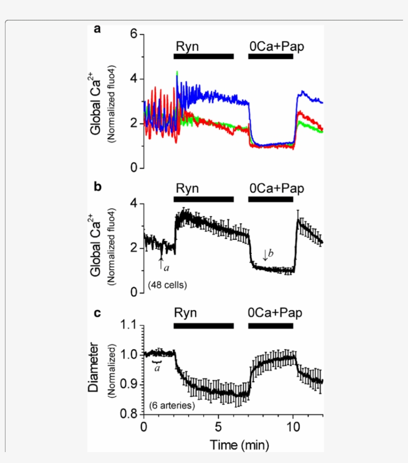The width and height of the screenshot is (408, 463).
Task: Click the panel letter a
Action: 98,29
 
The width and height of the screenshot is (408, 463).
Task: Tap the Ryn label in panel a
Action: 187,46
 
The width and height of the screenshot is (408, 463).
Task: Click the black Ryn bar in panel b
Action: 204,199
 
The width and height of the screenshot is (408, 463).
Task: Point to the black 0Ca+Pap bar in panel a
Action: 271,56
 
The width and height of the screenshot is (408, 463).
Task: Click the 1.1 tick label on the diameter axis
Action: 128,325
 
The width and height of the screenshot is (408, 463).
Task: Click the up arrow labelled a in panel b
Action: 161,264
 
